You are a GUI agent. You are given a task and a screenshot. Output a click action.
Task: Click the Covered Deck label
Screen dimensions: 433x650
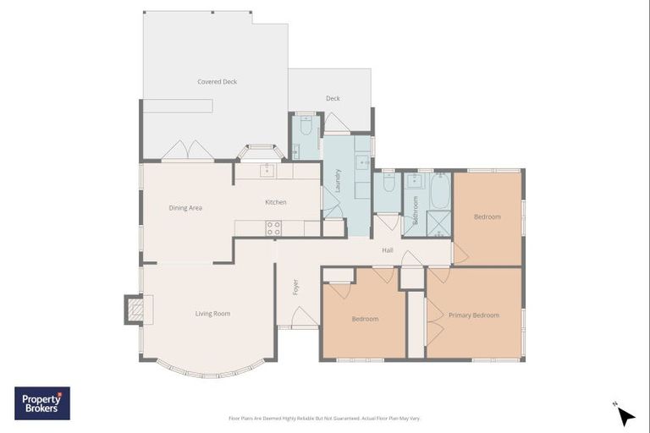click(217, 82)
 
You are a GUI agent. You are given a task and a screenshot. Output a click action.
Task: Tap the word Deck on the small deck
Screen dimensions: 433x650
click(333, 99)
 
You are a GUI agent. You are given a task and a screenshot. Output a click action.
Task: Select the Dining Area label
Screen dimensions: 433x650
click(185, 208)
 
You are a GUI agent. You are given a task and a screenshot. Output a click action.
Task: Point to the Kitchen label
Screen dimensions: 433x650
click(276, 202)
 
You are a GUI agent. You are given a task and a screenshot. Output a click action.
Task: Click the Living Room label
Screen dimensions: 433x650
click(212, 314)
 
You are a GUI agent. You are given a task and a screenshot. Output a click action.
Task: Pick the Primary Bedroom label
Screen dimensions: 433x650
click(473, 315)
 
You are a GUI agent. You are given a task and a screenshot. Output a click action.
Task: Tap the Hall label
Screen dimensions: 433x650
click(388, 250)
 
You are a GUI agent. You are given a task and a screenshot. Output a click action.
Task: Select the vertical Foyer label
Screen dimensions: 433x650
click(295, 287)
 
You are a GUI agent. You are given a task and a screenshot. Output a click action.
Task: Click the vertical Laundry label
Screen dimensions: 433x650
click(338, 182)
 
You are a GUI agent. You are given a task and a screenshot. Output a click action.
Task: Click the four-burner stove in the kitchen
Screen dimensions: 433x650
click(273, 227)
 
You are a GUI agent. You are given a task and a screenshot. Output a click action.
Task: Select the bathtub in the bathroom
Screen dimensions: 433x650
click(440, 190)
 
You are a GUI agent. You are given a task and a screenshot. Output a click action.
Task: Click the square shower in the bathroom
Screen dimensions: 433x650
click(439, 222)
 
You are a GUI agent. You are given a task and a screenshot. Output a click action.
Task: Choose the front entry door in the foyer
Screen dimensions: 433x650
click(305, 318)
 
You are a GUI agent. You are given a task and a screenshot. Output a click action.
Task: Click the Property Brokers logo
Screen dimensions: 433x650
click(42, 403)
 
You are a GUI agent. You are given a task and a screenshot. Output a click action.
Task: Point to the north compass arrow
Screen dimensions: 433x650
click(625, 415)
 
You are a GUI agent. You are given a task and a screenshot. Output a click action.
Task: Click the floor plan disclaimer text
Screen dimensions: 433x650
click(324, 418)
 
